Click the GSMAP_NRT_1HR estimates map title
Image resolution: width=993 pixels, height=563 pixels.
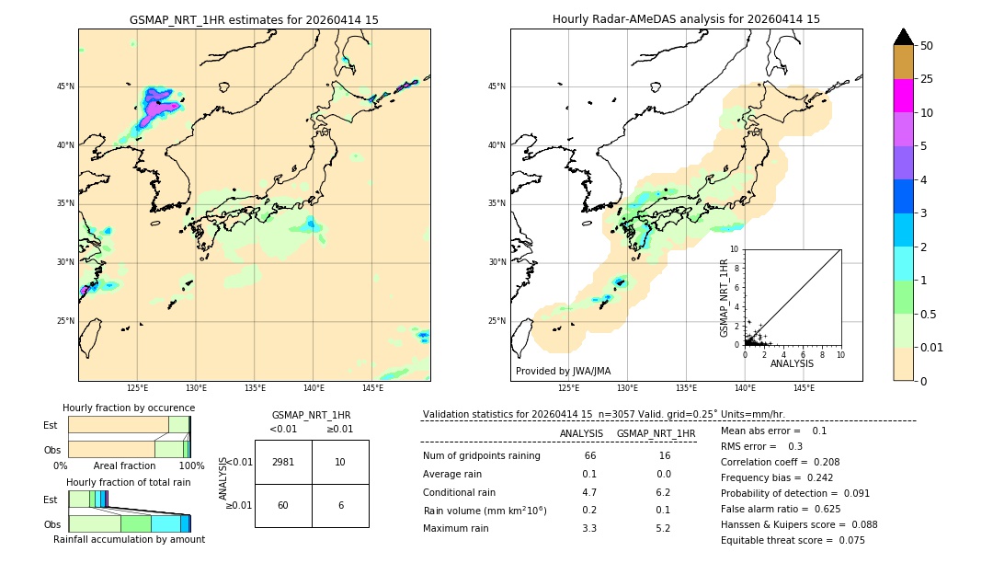254,19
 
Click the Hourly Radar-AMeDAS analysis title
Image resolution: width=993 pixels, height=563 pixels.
686,19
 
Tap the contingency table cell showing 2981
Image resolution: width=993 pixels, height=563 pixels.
283,462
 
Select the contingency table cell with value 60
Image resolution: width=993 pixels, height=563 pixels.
283,505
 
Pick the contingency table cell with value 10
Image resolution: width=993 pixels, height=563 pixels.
340,462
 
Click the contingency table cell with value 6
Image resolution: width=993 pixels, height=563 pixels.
340,505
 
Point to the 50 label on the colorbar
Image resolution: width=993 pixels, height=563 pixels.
927,46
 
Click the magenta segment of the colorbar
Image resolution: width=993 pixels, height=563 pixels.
903,96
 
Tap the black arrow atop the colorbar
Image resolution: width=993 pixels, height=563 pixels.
903,37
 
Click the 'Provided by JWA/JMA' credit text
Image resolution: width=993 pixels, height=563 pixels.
563,371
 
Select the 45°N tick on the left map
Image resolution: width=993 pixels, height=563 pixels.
65,86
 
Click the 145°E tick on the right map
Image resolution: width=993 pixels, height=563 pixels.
804,388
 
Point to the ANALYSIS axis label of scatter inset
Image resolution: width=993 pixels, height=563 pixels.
792,363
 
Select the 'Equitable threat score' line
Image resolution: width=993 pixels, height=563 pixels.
793,540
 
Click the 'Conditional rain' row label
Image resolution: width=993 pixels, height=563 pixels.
461,492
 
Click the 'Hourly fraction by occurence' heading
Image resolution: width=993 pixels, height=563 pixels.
129,408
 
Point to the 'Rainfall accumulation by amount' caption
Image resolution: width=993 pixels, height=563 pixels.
129,539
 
